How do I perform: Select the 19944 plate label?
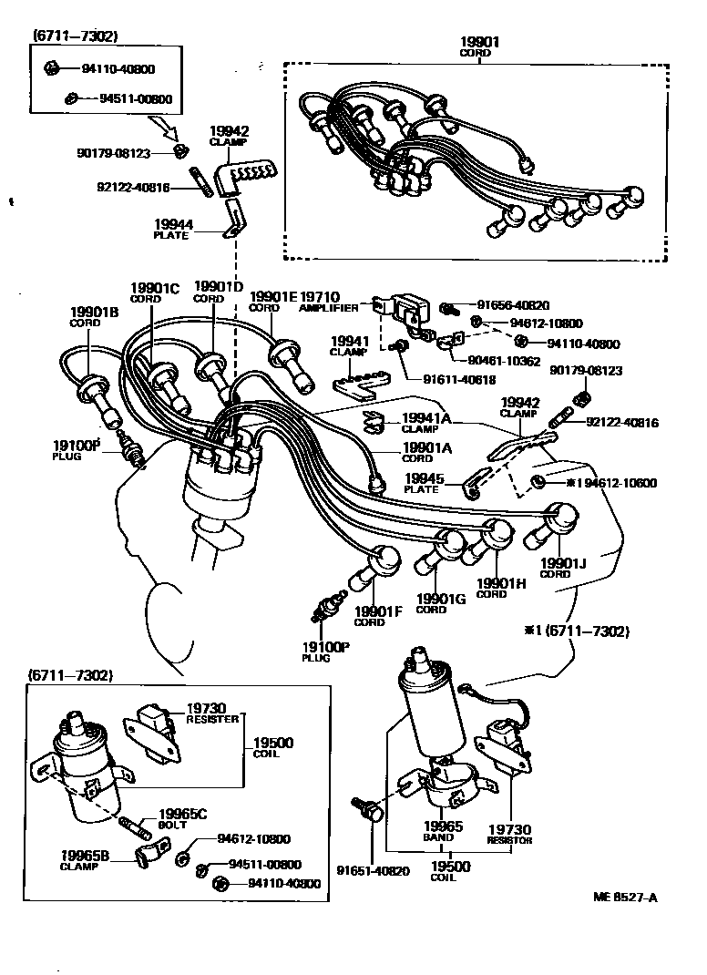pos(171,223)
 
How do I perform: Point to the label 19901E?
pos(274,296)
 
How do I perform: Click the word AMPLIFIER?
pos(329,308)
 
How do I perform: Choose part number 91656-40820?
pos(515,305)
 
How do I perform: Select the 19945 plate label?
pos(424,477)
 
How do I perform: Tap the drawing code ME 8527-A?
pos(625,897)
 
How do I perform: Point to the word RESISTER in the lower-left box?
pos(212,719)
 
